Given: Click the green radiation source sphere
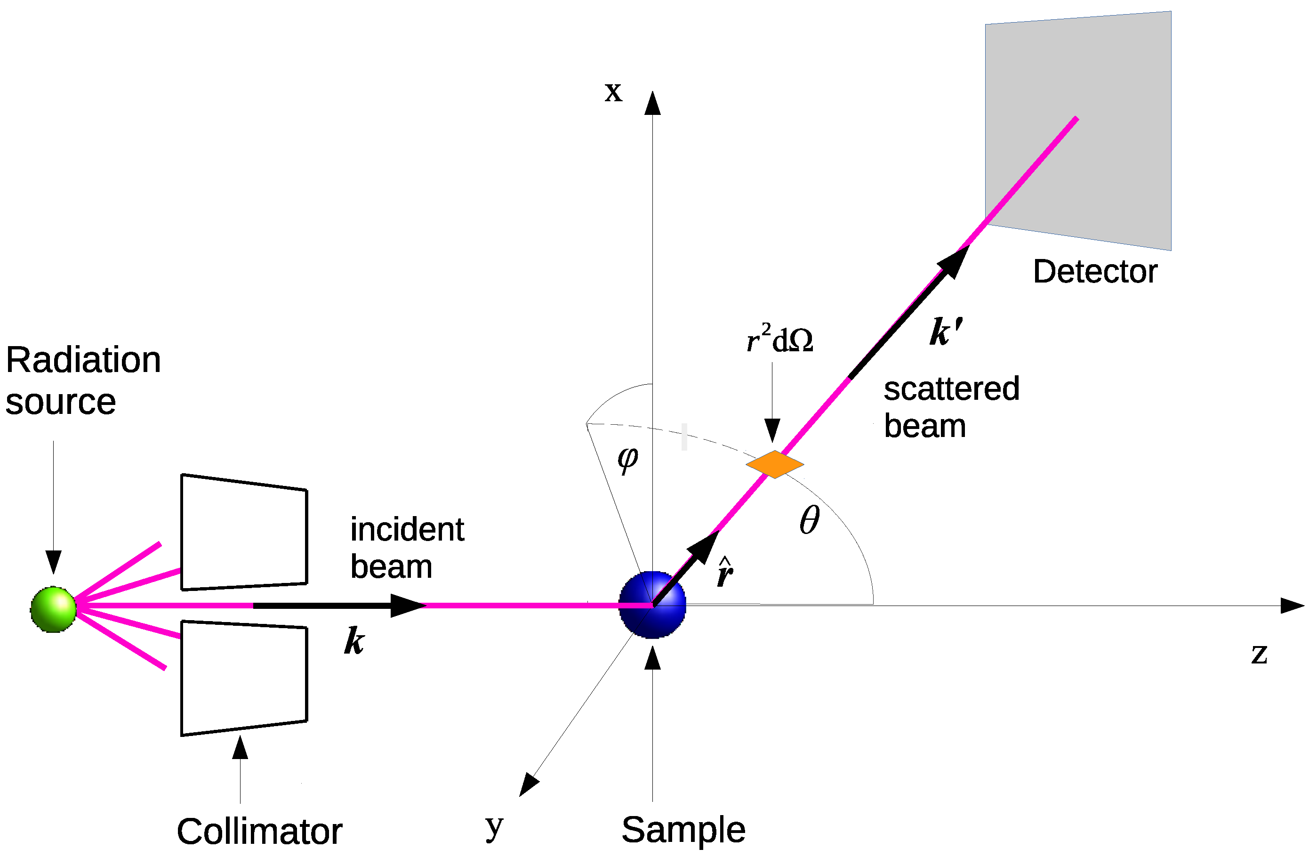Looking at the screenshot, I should click(53, 609).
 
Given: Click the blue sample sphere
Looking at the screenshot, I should click(653, 606).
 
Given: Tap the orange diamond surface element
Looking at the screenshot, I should click(775, 464).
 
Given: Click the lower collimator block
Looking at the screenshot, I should click(244, 678).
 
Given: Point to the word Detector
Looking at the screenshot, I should click(1094, 272).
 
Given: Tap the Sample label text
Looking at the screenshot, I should click(683, 830).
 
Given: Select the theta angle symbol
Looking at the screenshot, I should click(809, 520).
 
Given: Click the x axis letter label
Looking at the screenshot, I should click(613, 91).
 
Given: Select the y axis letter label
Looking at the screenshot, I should click(494, 826).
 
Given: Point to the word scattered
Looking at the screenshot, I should click(951, 389).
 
